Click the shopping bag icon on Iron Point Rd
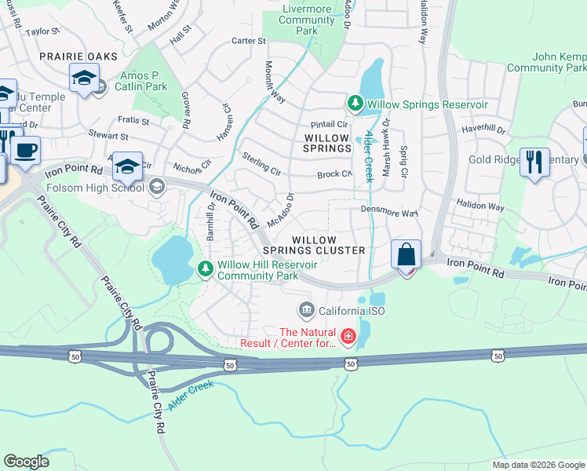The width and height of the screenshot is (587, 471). click(406, 256)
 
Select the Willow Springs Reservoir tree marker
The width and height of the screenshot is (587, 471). click(355, 104)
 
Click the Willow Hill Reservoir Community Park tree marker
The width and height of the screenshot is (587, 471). click(206, 270)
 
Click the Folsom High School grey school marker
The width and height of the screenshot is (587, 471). click(157, 187)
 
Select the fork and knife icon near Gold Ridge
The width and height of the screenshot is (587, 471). click(534, 162)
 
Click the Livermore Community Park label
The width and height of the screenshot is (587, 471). click(307, 20)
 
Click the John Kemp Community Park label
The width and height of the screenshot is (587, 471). click(547, 63)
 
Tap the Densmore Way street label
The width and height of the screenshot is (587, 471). click(389, 212)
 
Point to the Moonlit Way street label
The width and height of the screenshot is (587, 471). click(274, 81)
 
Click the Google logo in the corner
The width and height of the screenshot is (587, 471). click(26, 462)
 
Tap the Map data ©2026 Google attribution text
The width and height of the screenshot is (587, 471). click(538, 465)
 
